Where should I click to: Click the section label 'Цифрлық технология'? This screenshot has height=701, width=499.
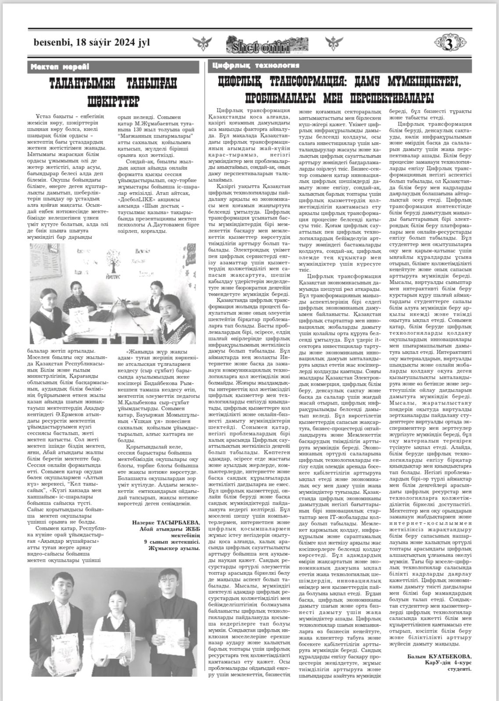[x=256, y=66]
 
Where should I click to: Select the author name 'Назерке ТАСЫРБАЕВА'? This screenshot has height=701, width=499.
[x=166, y=522]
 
